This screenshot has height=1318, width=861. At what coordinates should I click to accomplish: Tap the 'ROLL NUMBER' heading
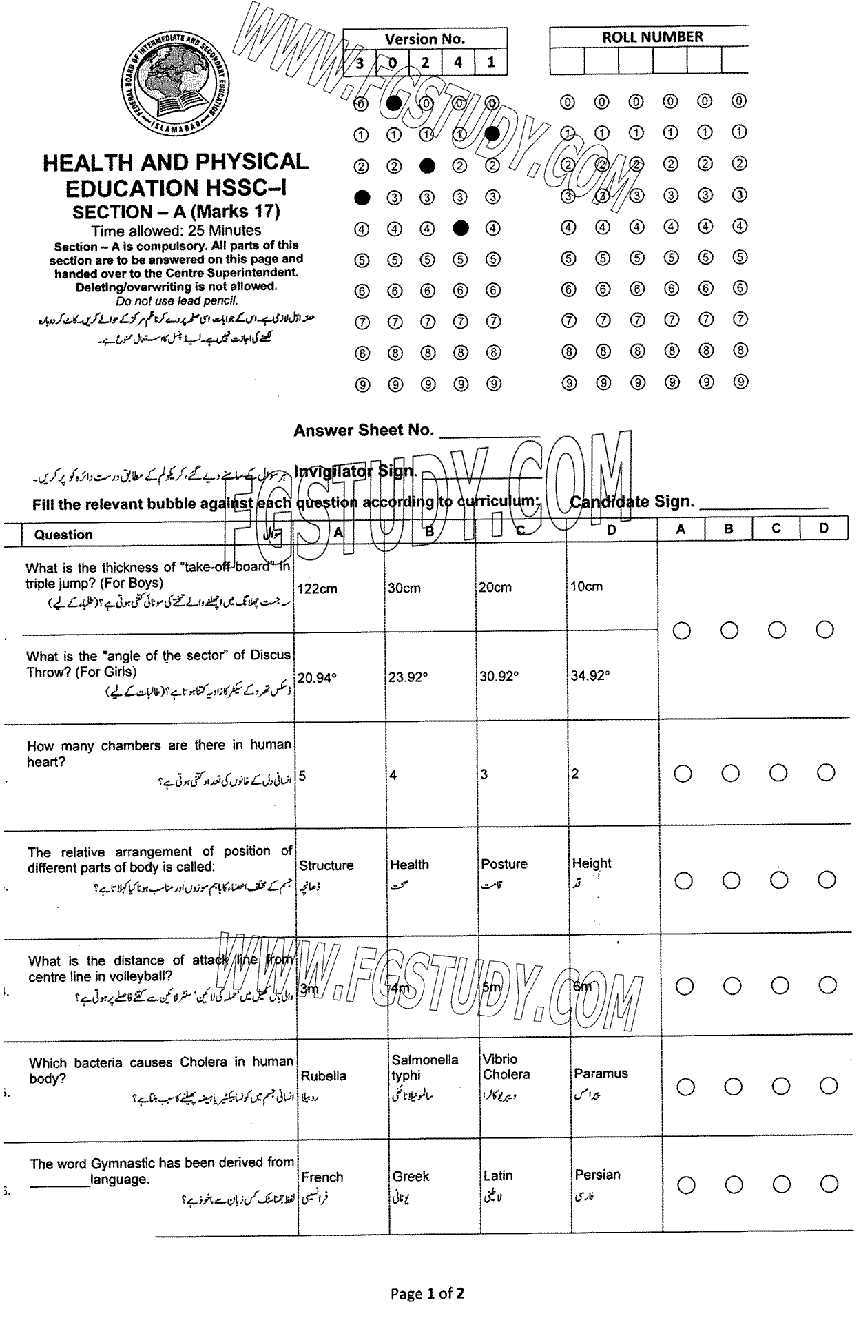[652, 37]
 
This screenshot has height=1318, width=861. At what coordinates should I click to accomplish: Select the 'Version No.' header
[424, 39]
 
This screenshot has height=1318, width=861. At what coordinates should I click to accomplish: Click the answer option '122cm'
[318, 588]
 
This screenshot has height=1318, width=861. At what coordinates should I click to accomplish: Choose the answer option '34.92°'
[590, 675]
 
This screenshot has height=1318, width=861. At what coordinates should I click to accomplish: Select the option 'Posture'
[504, 864]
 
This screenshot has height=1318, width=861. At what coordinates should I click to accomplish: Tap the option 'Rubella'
[323, 1075]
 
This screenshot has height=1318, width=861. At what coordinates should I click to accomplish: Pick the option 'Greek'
[411, 1176]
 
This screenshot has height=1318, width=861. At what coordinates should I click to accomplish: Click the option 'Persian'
[597, 1175]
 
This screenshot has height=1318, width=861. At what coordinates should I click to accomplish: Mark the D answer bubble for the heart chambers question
[826, 774]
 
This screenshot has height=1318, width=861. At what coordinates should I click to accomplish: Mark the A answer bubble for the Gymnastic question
[686, 1185]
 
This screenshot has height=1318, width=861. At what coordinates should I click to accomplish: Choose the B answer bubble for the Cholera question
[733, 1087]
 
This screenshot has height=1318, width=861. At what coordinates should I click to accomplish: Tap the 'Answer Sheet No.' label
[363, 431]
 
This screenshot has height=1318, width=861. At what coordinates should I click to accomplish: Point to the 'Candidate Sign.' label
[632, 502]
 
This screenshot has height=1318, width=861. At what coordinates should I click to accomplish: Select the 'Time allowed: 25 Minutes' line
[176, 230]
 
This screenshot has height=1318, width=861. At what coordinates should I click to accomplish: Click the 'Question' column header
[63, 535]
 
